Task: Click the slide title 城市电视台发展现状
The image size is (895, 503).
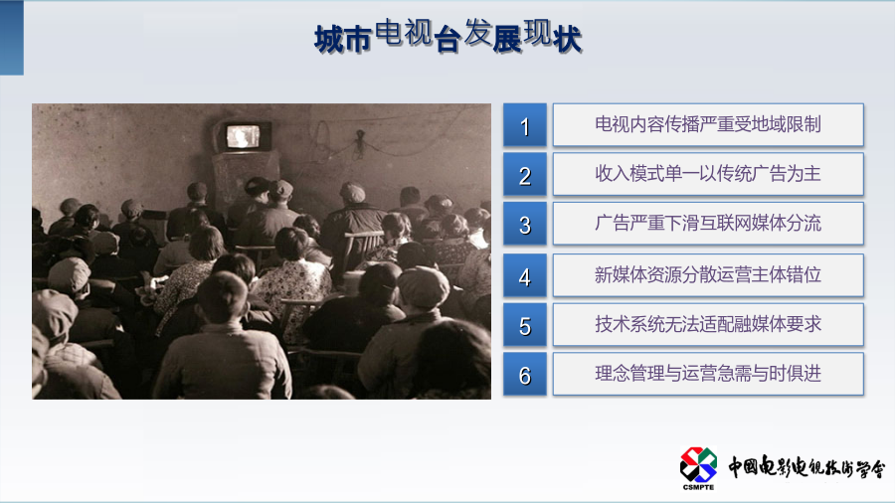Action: [448, 37]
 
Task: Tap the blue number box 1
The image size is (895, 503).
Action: [524, 125]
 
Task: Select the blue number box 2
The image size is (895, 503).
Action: [524, 175]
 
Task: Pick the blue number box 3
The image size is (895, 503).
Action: [524, 224]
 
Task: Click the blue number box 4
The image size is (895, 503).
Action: [524, 276]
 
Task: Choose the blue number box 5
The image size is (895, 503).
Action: [524, 325]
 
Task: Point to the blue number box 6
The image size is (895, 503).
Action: [524, 375]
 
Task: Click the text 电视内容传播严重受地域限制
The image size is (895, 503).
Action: [708, 124]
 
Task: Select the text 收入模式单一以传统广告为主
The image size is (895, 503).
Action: [708, 173]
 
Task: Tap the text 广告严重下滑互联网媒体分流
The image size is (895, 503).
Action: [708, 223]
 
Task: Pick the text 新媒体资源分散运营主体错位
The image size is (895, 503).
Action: [708, 275]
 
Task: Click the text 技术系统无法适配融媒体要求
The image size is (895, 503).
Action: [708, 324]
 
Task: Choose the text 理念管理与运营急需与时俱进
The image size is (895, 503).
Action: [708, 374]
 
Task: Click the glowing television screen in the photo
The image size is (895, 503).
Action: [244, 137]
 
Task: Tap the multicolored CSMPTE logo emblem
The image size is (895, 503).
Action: [698, 465]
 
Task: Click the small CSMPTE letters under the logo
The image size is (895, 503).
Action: [698, 487]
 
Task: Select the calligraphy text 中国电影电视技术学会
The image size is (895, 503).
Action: [806, 466]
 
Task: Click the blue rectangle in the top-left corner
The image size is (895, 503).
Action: [11, 38]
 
